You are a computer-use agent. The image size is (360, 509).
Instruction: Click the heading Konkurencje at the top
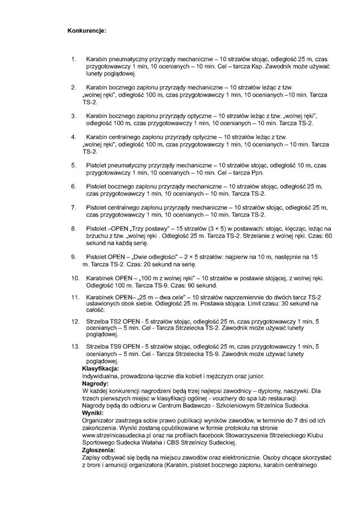click(87, 30)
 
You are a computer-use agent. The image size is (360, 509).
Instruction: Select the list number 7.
click(74, 206)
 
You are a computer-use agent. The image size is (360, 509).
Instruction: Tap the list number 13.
click(76, 344)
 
